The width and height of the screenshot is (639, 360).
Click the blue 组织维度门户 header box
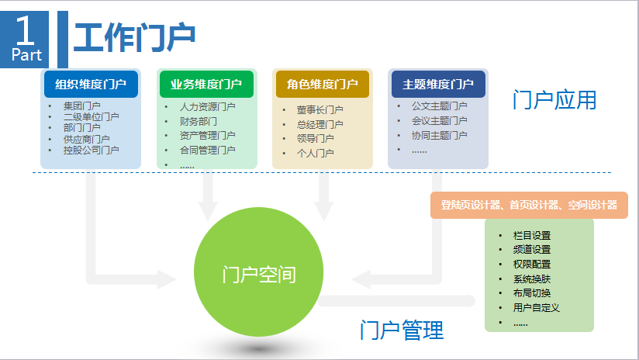(x=91, y=85)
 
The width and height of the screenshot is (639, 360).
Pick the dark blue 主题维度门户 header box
(x=438, y=85)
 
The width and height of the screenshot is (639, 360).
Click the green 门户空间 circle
(x=258, y=274)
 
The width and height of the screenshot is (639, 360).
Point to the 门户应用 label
(x=554, y=100)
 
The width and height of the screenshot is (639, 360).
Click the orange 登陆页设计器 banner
(x=529, y=205)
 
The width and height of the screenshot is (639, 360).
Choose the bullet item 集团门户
(x=82, y=106)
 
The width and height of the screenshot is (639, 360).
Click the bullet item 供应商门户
(x=87, y=139)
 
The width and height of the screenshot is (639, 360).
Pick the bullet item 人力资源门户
(x=207, y=106)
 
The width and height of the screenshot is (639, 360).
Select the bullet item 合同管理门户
(x=207, y=150)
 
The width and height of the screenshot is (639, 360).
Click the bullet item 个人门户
(x=315, y=154)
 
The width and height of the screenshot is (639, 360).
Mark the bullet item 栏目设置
(x=532, y=235)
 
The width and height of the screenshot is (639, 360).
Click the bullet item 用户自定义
(x=537, y=307)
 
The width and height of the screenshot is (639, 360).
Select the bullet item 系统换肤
(x=532, y=279)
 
